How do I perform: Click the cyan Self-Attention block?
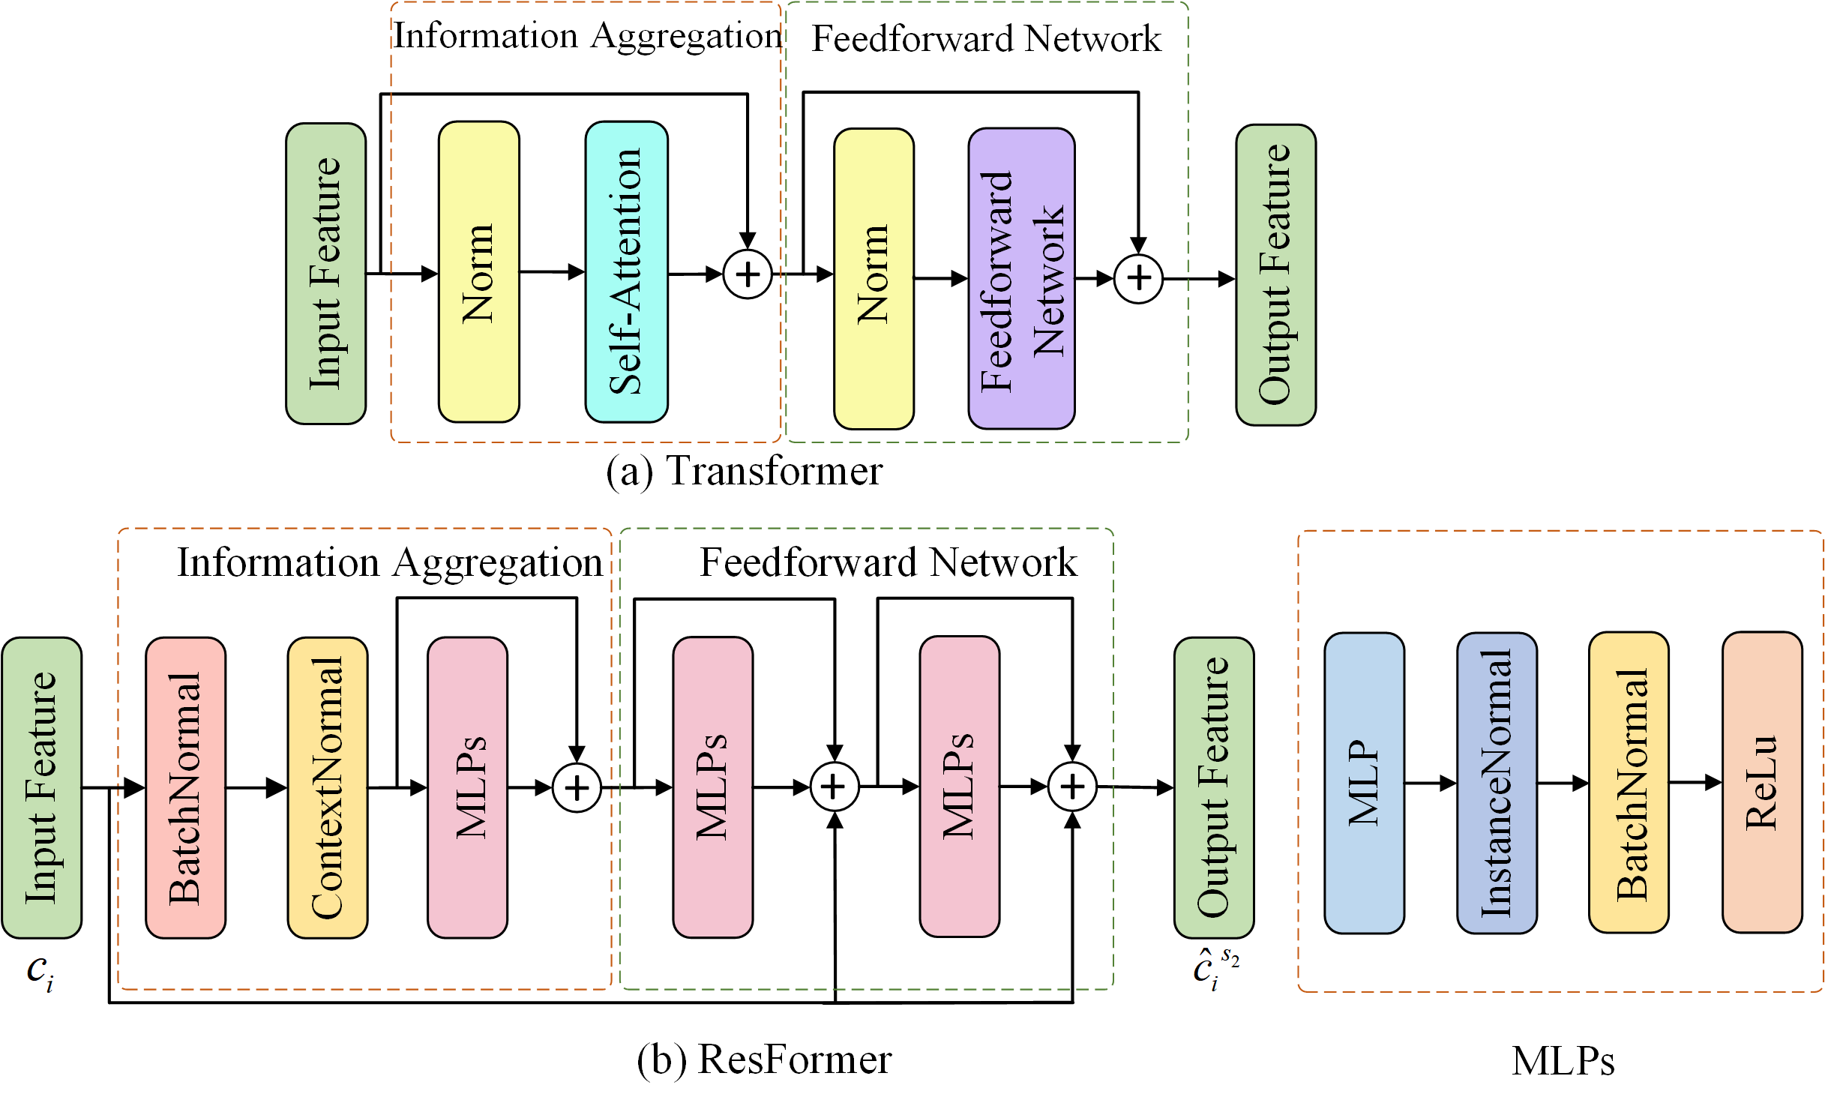(x=626, y=272)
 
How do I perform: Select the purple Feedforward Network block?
(x=1021, y=279)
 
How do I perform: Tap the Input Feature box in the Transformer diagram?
(x=325, y=274)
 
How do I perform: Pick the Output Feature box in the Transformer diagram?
(x=1275, y=275)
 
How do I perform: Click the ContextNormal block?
(x=328, y=787)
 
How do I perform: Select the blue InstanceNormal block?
(x=1497, y=783)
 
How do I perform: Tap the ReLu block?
(x=1762, y=782)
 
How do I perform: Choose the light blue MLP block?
(x=1364, y=783)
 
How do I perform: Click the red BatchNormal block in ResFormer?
(x=185, y=787)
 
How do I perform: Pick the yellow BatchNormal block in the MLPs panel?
(x=1629, y=783)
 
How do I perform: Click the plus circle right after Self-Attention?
(x=748, y=274)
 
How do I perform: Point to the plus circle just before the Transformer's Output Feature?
(x=1138, y=278)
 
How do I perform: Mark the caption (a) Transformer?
(x=745, y=472)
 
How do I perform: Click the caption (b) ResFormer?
(x=764, y=1060)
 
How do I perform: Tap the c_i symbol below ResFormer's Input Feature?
(x=40, y=972)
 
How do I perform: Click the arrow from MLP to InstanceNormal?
(x=1430, y=784)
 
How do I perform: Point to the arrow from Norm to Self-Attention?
(x=552, y=271)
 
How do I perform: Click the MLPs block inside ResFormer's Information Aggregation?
(x=467, y=787)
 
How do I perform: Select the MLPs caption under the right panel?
(x=1563, y=1061)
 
